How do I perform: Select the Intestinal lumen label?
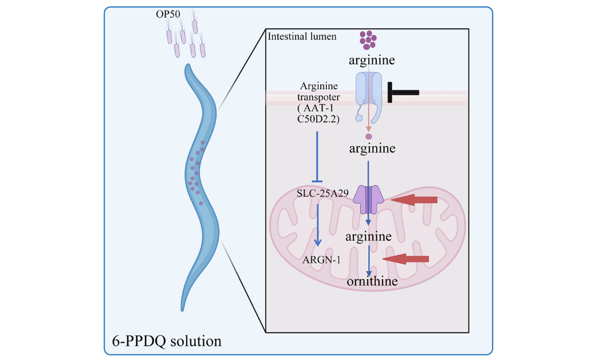[303, 37]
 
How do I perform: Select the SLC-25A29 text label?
[323, 193]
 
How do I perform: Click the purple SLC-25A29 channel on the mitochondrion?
[369, 199]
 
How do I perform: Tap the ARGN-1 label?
[322, 260]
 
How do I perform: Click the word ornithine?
[372, 281]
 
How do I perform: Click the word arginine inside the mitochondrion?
[369, 236]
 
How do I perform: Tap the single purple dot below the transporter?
[369, 137]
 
